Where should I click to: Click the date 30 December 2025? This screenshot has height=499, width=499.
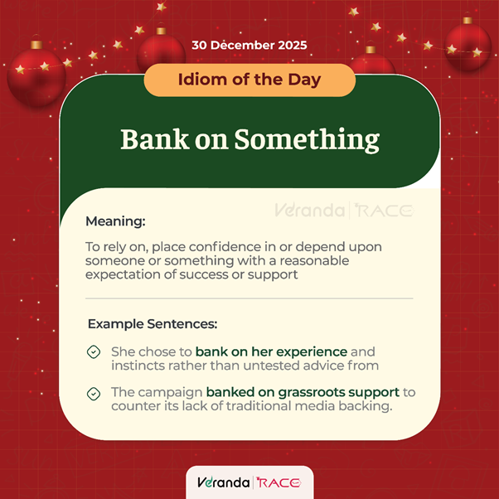tap(249, 45)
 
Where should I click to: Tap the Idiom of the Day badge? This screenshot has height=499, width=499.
tap(249, 80)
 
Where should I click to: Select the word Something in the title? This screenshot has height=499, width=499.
tap(306, 138)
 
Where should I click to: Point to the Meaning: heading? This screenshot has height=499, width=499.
tap(115, 222)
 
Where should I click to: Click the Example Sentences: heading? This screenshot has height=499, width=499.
tap(153, 323)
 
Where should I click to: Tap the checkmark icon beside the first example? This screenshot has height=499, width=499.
tap(94, 352)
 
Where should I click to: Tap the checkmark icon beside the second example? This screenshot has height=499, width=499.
tap(94, 392)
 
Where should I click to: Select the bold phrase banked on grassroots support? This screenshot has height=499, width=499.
tap(303, 391)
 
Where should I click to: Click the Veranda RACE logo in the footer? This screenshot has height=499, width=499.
tap(249, 482)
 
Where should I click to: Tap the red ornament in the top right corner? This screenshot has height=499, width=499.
tap(468, 46)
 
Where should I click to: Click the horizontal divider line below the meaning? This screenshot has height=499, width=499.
tap(249, 298)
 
